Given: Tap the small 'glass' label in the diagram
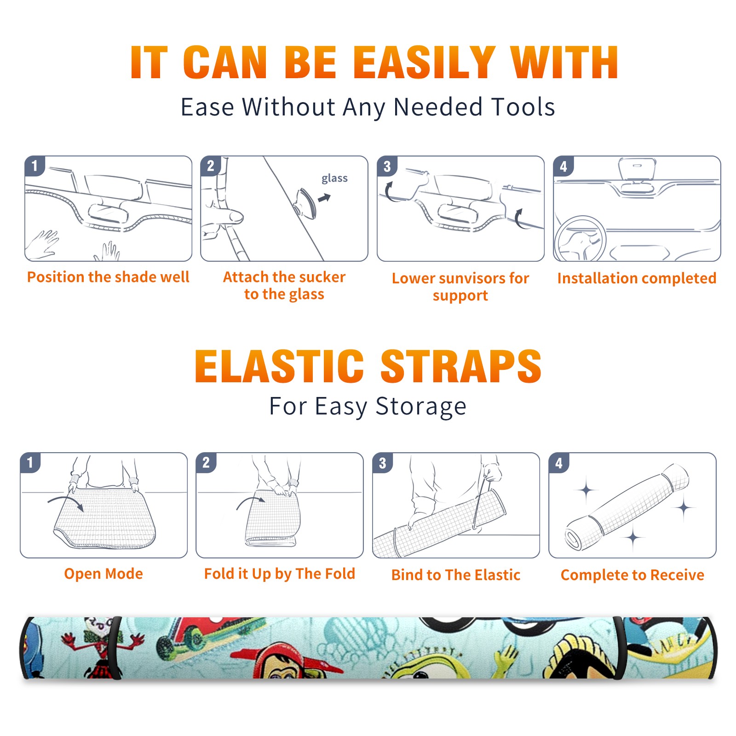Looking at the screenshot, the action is coord(334,178).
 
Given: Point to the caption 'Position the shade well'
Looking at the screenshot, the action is coord(108,277).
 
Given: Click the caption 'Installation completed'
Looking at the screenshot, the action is coord(637,278).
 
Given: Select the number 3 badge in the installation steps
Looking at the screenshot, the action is coord(387,166).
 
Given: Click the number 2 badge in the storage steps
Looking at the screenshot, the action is coord(206,462).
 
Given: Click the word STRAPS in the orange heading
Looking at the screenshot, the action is coord(461,366).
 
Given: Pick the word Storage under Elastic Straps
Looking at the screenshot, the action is coord(421,407).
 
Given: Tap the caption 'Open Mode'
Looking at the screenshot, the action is coord(103,574).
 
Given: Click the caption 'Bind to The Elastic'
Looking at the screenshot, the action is coord(456,575).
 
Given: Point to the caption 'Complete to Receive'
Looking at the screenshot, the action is coord(632,575).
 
